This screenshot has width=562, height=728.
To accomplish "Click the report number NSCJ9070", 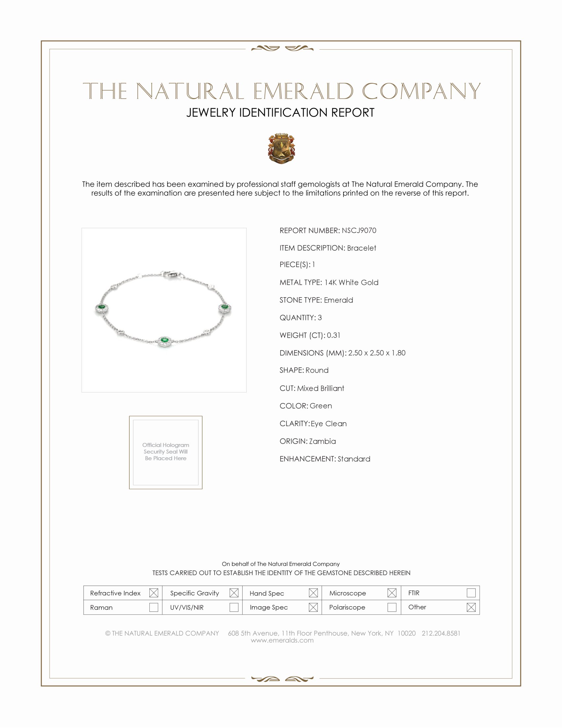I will click(x=359, y=230).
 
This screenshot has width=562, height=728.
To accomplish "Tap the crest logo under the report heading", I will click(x=281, y=148).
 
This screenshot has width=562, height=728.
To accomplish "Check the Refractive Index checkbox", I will click(x=153, y=593).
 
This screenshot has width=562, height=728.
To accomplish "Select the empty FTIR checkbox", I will click(x=471, y=593).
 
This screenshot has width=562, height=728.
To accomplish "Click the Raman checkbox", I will click(x=153, y=607).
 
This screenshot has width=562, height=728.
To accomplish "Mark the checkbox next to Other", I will click(x=471, y=607).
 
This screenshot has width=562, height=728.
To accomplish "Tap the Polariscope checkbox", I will click(x=391, y=607).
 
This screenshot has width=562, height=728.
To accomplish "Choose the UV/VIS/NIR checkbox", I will click(x=234, y=607).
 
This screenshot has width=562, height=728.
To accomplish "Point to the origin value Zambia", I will click(x=322, y=441).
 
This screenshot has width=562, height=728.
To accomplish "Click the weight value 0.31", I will click(x=333, y=335).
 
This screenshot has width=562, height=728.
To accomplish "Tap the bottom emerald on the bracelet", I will click(x=164, y=340).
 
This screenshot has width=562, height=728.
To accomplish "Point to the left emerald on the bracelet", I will click(x=101, y=307).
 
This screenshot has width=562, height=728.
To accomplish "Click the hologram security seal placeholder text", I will click(x=166, y=451).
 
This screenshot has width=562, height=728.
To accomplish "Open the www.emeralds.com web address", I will click(x=282, y=640).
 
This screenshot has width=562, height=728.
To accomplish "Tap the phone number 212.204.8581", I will click(x=441, y=633).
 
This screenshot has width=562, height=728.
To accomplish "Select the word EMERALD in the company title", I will click(x=303, y=91).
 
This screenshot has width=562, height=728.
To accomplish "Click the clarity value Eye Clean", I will click(x=329, y=423).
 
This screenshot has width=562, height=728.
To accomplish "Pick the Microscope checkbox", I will click(x=391, y=593).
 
